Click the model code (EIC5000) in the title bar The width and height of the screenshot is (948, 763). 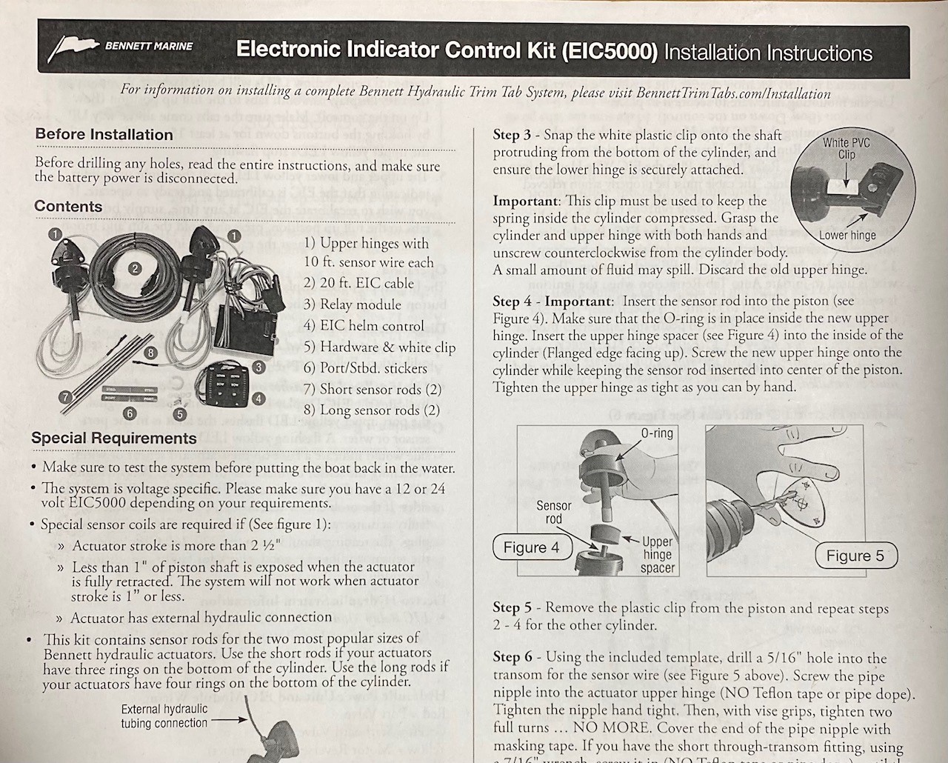click(x=610, y=51)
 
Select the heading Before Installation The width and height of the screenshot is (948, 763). click(x=104, y=135)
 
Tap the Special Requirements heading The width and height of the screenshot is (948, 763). click(x=114, y=438)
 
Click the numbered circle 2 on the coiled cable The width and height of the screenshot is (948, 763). click(x=135, y=268)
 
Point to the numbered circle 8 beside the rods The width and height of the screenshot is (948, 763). click(x=150, y=353)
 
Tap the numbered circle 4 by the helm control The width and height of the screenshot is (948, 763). click(x=258, y=399)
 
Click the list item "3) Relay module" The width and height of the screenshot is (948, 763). click(x=352, y=304)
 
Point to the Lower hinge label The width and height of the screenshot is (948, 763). click(x=847, y=236)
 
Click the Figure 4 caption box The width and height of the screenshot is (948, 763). click(x=530, y=547)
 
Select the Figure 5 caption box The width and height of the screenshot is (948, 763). click(x=855, y=556)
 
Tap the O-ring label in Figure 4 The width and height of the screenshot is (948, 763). click(x=655, y=433)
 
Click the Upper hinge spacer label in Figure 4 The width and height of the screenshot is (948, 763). click(x=657, y=555)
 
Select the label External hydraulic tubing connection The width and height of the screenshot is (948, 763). click(x=164, y=716)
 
